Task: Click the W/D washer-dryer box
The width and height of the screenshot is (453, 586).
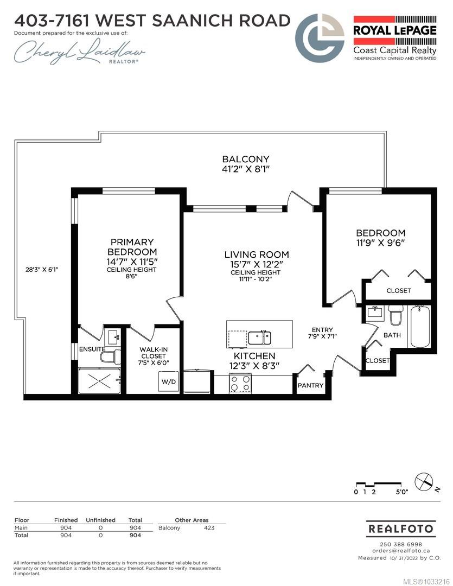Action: (x=169, y=381)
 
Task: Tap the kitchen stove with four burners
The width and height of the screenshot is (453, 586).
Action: (x=240, y=384)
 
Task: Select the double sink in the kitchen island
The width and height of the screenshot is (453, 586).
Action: (x=260, y=337)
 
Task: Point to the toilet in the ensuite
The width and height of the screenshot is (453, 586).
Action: (x=111, y=357)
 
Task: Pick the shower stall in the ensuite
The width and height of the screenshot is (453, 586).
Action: (x=100, y=381)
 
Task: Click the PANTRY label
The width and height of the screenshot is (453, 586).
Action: (x=311, y=385)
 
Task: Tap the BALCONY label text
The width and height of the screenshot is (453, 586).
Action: (x=246, y=159)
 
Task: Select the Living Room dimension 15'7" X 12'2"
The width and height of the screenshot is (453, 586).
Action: (x=257, y=264)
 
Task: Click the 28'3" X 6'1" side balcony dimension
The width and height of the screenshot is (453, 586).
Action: (x=42, y=269)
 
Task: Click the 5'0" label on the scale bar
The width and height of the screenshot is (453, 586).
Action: (x=402, y=492)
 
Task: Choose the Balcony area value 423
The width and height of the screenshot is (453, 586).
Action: (x=209, y=528)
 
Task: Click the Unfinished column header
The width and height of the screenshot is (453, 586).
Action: (x=100, y=520)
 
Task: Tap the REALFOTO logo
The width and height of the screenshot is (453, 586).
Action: (x=401, y=529)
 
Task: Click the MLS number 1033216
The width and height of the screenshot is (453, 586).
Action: (x=429, y=582)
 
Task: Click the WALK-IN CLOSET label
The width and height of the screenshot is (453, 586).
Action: (x=153, y=353)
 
